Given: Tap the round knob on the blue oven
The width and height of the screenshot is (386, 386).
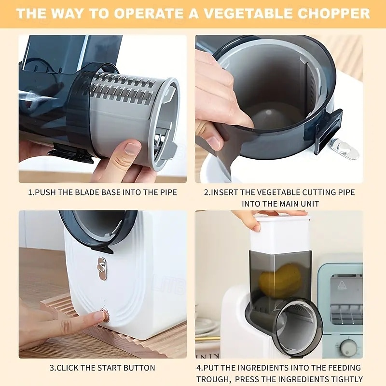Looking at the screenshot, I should pos(348,346).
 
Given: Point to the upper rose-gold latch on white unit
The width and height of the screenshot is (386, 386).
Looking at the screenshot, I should pos(102,267).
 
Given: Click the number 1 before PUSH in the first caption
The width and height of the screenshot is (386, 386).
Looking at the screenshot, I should pos(30,192).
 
